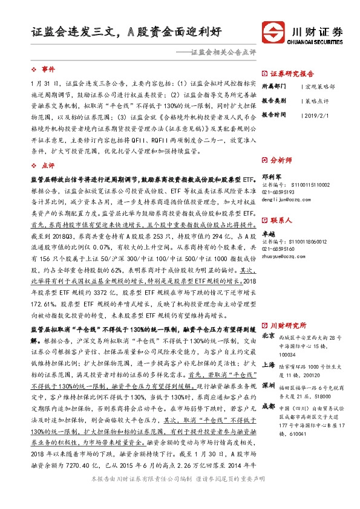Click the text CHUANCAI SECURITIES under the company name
pyautogui.click(x=316, y=42)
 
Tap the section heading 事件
pyautogui.click(x=48, y=70)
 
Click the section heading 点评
pyautogui.click(x=48, y=165)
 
